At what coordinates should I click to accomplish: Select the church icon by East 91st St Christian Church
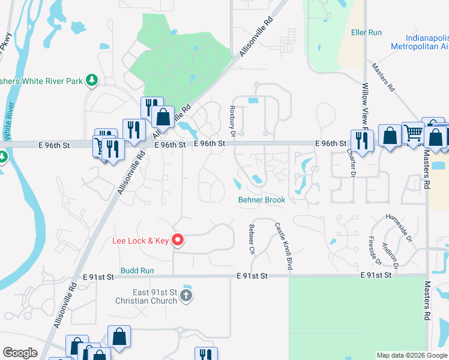(186, 295)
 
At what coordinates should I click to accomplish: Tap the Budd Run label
(137, 271)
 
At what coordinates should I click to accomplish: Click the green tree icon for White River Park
(91, 80)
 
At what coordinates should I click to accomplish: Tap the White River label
(8, 120)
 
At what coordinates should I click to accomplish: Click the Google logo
(20, 353)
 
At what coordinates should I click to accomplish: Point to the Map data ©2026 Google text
(412, 355)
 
